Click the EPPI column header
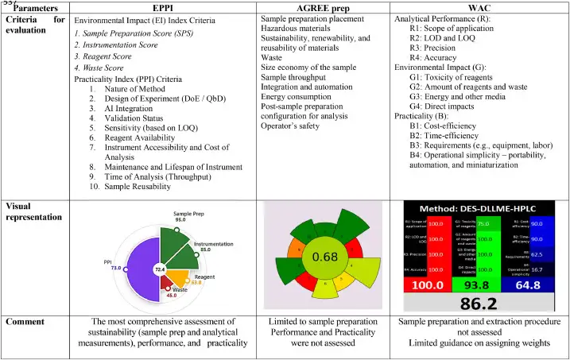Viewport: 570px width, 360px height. (162, 6)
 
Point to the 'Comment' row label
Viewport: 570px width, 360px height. (29, 322)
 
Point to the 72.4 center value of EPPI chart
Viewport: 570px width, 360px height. (159, 271)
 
